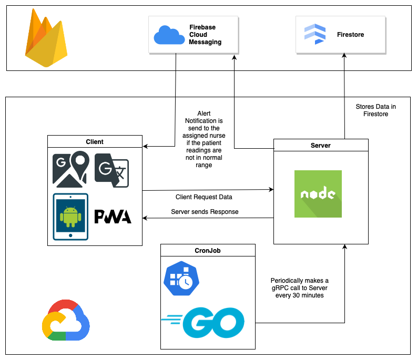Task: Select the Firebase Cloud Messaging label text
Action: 206,35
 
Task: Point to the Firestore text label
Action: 350,35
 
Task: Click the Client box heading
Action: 95,141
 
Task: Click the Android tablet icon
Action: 70,216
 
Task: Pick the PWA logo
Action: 113,217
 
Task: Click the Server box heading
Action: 321,145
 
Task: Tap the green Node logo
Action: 318,194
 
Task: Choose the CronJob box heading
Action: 208,251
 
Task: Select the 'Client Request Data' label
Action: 204,197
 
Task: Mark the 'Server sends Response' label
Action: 205,212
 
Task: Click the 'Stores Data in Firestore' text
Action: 375,110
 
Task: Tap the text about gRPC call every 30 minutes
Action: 299,288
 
